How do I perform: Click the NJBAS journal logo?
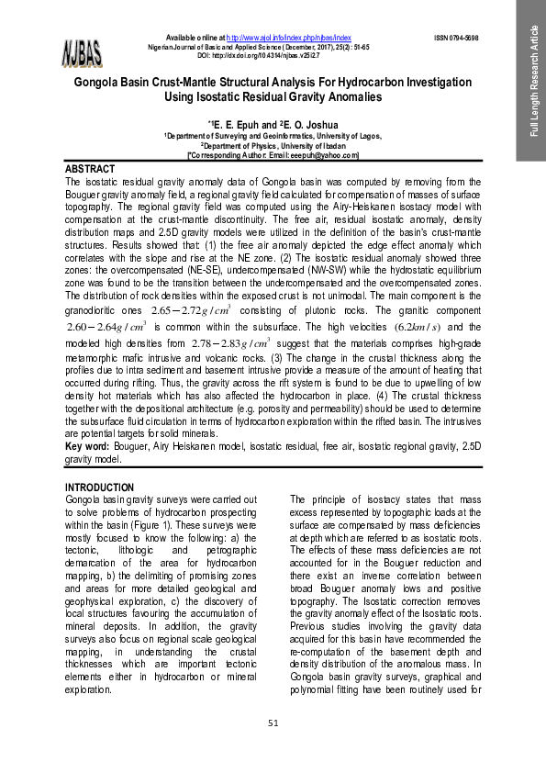[x=84, y=52]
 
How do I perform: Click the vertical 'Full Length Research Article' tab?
[x=530, y=81]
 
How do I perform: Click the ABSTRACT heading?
[x=90, y=170]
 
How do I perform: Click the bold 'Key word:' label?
[x=89, y=445]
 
